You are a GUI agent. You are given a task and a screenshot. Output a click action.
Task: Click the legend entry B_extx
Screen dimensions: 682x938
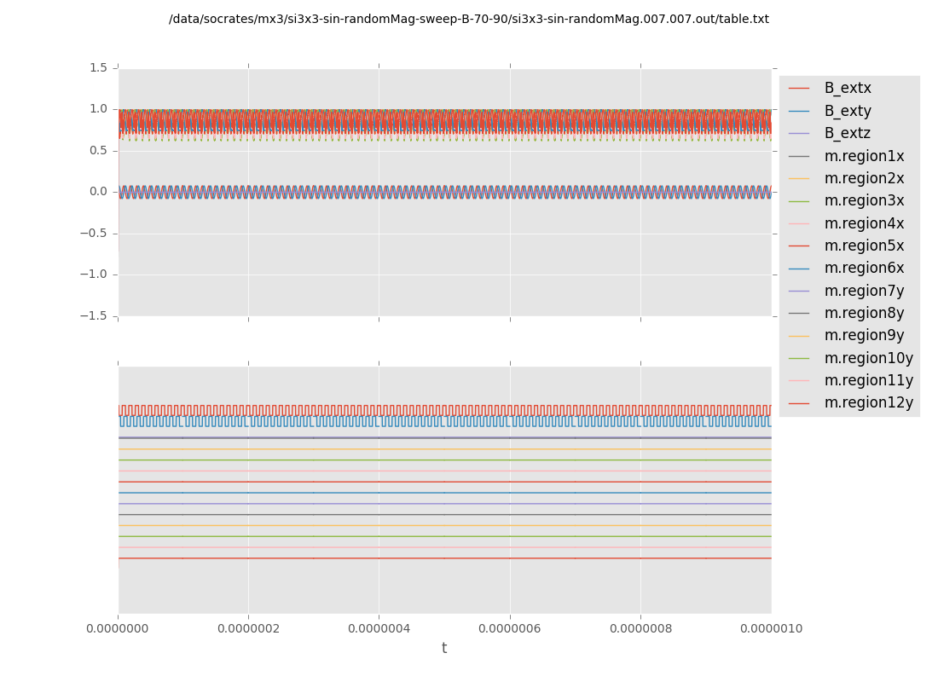click(x=848, y=89)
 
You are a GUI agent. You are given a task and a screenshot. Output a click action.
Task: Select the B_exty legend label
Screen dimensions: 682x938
click(x=848, y=111)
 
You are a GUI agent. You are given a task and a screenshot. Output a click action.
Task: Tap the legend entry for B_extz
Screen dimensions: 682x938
click(x=848, y=134)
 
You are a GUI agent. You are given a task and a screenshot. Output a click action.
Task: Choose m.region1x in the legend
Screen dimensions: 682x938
click(x=864, y=156)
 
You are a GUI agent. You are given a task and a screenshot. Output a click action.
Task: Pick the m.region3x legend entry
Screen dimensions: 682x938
click(x=864, y=201)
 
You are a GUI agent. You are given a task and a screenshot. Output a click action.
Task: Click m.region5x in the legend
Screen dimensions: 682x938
click(x=864, y=246)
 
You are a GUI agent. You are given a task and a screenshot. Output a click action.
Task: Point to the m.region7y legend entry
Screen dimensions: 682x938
click(x=864, y=291)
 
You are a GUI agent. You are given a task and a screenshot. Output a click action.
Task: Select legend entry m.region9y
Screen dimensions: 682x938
click(x=864, y=336)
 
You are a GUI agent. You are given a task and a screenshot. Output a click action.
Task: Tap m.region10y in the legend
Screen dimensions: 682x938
click(x=868, y=358)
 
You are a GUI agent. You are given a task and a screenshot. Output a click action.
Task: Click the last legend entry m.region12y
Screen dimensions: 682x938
click(x=868, y=403)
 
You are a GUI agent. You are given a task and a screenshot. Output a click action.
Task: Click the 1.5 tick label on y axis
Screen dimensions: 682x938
click(x=98, y=68)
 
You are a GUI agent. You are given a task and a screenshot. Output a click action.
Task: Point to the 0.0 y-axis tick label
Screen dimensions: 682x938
click(x=98, y=192)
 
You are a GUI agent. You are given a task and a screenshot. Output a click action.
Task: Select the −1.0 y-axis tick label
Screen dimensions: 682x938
click(x=94, y=275)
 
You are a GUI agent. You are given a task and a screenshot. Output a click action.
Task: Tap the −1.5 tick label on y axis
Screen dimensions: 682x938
click(x=94, y=316)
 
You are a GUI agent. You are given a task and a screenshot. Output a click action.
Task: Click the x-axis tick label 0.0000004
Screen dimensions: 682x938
click(x=379, y=629)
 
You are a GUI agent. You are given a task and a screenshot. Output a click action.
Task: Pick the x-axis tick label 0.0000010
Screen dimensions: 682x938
click(x=771, y=629)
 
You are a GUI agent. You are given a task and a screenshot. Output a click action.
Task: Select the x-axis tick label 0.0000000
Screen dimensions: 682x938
click(x=119, y=629)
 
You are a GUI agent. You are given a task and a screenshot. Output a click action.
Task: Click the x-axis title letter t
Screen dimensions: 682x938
click(x=444, y=649)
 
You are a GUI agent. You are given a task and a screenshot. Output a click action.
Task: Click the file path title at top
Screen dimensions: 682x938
click(x=469, y=20)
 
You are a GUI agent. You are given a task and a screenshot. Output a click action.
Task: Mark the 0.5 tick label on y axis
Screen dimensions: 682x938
click(x=98, y=151)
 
